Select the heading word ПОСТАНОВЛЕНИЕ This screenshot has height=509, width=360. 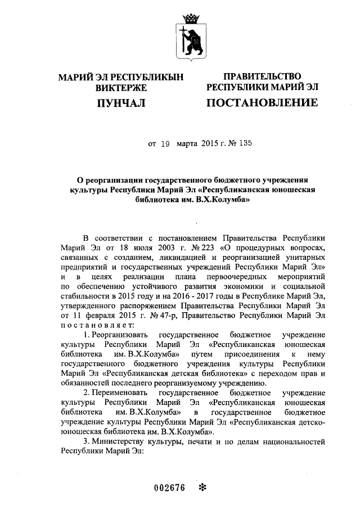point(262,102)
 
